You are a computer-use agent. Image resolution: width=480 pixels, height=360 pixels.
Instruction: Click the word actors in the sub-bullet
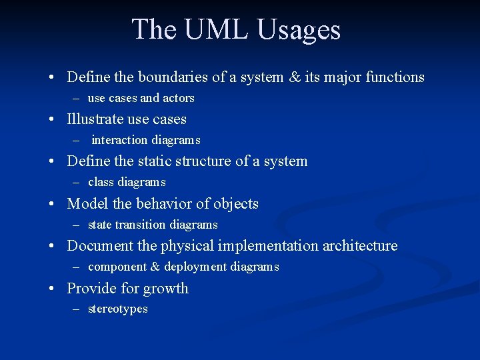point(179,98)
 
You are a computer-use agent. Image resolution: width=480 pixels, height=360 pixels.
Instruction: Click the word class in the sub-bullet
point(101,182)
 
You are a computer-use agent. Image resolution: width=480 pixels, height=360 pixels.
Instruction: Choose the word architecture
point(360,246)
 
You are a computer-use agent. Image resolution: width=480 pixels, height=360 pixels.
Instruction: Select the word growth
point(167,289)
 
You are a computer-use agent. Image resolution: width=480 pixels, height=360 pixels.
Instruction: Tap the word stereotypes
point(118,309)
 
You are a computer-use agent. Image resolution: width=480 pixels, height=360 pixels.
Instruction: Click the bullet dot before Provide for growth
point(51,289)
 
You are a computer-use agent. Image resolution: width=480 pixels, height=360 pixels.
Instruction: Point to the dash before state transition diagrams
point(75,225)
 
